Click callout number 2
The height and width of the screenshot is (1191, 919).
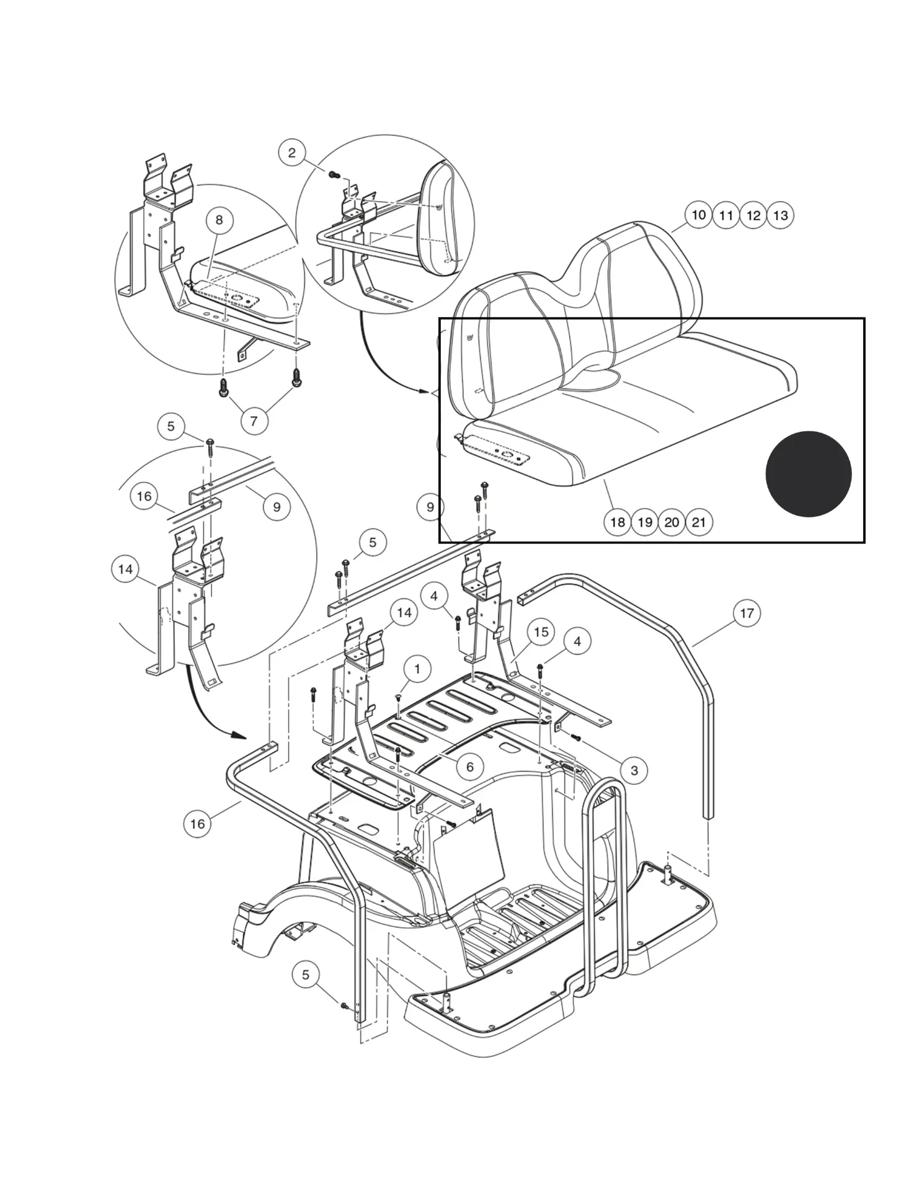[x=292, y=153]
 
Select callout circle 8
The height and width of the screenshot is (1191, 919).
[x=219, y=220]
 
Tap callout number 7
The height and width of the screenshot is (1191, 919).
[x=254, y=421]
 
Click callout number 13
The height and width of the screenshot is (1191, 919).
[x=781, y=215]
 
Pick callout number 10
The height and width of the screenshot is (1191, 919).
[x=699, y=215]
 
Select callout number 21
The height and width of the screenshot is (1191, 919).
[x=699, y=522]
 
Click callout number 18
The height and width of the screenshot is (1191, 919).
[x=618, y=522]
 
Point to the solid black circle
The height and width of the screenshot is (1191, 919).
[x=808, y=474]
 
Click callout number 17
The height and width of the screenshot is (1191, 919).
[x=747, y=613]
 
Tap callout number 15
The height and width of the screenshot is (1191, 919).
[x=541, y=631]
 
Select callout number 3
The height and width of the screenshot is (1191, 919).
[x=634, y=770]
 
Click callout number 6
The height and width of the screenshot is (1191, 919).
[x=469, y=767]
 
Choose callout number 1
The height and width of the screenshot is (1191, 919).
[x=417, y=669]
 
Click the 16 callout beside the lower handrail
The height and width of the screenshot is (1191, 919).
[x=197, y=824]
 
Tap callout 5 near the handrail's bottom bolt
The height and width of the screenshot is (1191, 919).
[x=306, y=975]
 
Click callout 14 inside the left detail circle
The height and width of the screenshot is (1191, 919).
[x=125, y=569]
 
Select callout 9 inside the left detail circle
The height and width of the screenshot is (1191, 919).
[x=277, y=507]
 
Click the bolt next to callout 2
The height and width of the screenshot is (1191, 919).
[x=332, y=175]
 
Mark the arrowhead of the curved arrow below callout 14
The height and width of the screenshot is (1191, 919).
[x=239, y=736]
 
